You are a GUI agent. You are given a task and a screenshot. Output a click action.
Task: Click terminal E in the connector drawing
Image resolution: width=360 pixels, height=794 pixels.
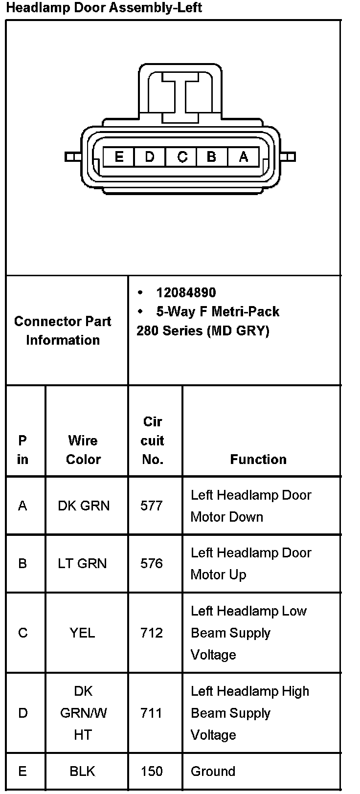pos(118,157)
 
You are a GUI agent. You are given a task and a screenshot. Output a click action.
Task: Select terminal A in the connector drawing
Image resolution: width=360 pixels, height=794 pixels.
pos(244,157)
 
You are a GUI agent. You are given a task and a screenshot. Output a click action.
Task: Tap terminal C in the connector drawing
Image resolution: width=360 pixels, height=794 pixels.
pos(182,157)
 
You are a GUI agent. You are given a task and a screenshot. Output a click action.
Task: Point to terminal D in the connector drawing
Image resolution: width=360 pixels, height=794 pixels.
pos(150,157)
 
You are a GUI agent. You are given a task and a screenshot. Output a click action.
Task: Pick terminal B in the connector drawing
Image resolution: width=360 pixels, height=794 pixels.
pos(212,157)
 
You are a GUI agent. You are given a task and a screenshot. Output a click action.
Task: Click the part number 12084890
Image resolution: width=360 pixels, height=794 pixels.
pos(186,292)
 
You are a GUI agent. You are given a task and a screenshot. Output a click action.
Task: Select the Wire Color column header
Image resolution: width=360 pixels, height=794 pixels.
pos(83,450)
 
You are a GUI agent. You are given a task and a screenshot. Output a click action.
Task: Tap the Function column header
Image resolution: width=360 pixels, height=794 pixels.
pos(258,459)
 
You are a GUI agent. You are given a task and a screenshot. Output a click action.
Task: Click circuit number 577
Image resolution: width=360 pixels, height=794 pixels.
pos(151,506)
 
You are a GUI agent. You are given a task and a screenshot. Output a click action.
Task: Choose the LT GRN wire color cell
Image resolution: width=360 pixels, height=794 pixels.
pos(82,563)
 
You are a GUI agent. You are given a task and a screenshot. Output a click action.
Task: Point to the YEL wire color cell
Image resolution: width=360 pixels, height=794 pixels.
pos(82,633)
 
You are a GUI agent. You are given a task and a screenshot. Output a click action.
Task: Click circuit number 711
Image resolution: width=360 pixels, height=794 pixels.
pos(151,713)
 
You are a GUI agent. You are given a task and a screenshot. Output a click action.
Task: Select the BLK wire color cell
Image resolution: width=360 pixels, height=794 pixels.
pos(82,771)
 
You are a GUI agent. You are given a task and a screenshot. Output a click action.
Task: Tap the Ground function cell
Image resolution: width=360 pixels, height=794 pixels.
pos(213,771)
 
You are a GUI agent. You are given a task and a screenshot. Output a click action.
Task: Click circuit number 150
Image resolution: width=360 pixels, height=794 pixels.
pos(151,771)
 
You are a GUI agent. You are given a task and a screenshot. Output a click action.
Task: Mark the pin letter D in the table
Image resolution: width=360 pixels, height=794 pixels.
pos(22,713)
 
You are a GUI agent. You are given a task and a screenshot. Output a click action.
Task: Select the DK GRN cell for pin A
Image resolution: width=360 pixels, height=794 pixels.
pos(84,506)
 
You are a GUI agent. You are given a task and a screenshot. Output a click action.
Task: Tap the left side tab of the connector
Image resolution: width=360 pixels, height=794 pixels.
pos(72,157)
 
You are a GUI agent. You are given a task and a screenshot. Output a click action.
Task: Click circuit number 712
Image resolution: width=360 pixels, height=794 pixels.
pos(151,633)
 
